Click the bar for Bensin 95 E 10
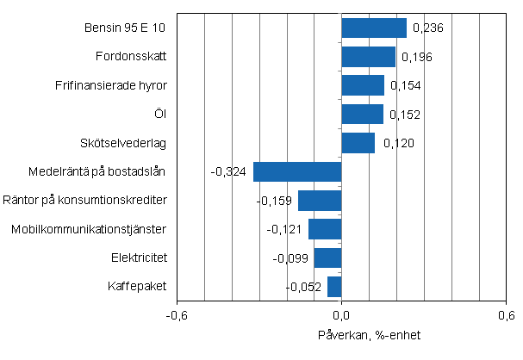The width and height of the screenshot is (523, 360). coord(374,28)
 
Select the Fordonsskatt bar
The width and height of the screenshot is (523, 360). coord(369,57)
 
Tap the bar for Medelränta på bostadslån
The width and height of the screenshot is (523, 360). coord(297,171)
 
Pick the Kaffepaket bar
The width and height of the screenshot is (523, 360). coord(334,287)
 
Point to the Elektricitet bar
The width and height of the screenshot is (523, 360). coord(327,258)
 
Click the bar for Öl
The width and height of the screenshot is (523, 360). coord(362,115)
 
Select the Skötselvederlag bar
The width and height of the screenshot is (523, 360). coord(358,143)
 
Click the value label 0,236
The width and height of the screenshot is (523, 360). coord(429,28)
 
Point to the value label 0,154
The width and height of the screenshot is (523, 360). coord(408,86)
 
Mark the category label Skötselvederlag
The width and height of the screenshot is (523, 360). coord(128,143)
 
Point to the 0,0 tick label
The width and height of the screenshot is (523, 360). coord(342,315)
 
